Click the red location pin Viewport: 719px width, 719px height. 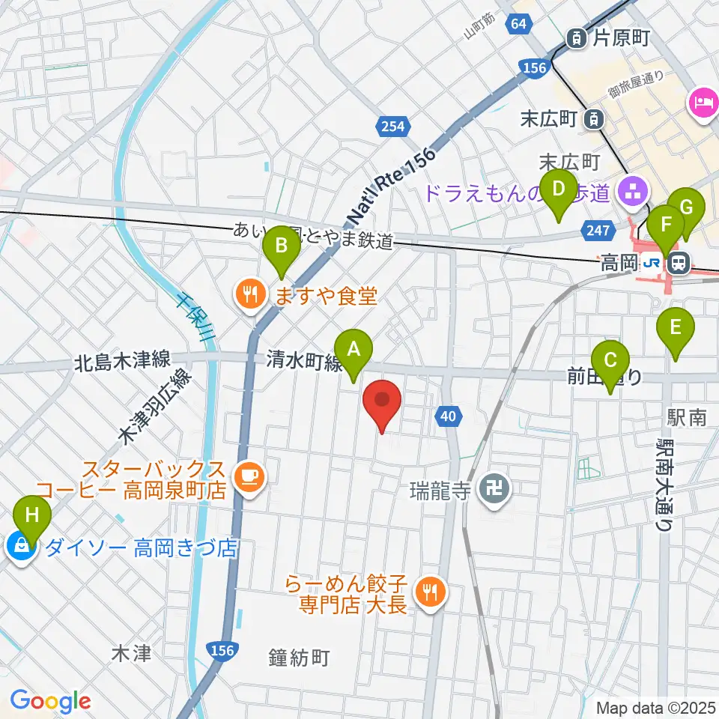pyautogui.click(x=382, y=402)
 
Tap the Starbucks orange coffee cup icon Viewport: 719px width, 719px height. pyautogui.click(x=248, y=476)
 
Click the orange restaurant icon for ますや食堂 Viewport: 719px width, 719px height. pyautogui.click(x=249, y=294)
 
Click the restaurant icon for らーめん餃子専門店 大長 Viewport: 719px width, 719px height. pyautogui.click(x=429, y=592)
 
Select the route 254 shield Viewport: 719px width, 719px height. pyautogui.click(x=393, y=126)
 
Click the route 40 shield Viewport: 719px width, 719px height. pyautogui.click(x=448, y=416)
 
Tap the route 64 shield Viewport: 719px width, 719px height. pyautogui.click(x=519, y=24)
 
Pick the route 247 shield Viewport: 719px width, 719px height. pyautogui.click(x=598, y=231)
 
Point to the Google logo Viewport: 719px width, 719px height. pyautogui.click(x=50, y=701)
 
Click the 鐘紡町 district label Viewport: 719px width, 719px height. pyautogui.click(x=299, y=658)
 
